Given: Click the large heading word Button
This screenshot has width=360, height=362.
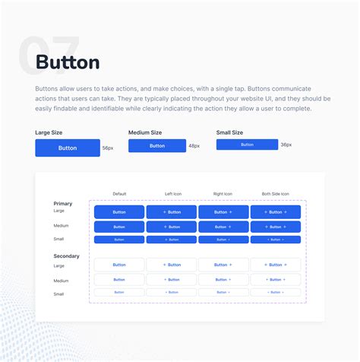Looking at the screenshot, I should [68, 62].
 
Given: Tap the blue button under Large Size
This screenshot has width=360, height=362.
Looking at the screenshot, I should [68, 148].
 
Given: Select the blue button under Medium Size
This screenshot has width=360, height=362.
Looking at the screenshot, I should [157, 145].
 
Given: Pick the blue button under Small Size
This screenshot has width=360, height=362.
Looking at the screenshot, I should [247, 144].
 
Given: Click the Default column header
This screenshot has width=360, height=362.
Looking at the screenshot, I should [119, 194].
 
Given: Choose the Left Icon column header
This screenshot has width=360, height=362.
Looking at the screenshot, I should [171, 194].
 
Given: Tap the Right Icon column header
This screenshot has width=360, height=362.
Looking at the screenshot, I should [223, 194].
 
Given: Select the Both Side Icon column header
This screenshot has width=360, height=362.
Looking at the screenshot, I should [275, 194].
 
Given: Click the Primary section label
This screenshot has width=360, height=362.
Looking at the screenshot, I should [63, 203].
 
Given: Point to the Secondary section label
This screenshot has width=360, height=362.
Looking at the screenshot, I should [67, 256].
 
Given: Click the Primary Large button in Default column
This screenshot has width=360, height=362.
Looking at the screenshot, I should [119, 212].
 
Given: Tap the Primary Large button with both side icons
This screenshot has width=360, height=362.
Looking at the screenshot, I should [275, 212].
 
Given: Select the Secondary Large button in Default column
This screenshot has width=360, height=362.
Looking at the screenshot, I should [119, 265].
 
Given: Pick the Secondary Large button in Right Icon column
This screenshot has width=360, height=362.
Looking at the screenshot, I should [223, 265].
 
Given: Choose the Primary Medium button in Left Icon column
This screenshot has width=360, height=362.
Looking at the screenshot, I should [171, 227].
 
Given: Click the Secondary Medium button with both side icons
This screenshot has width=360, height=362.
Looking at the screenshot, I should [275, 280].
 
